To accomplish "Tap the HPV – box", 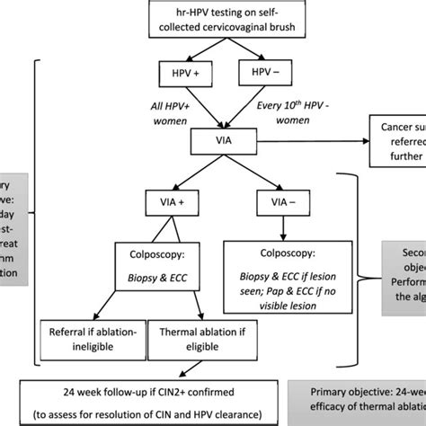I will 262,71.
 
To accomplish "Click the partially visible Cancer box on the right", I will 395,142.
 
